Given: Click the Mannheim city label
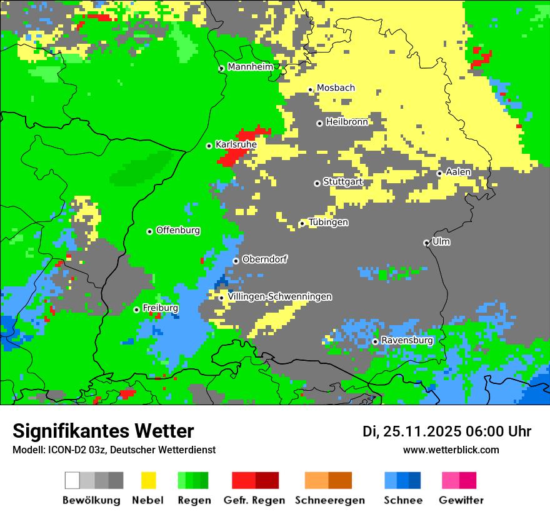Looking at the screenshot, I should pos(250,67).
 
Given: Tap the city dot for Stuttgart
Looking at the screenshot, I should pos(317,183).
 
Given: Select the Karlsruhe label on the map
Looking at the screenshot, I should pos(236,144).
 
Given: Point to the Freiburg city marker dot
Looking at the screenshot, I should pos(136,310).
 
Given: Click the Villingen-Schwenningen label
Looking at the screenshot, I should pos(279,296).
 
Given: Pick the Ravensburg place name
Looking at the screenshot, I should pos(407,340).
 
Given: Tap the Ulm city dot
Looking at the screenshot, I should pos(426,243).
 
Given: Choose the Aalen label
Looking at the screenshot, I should pos(458,172).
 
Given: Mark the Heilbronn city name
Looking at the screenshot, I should pos(346,122).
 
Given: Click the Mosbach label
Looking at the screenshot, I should pos(336,88).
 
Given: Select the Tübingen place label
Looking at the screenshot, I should pos(328,222).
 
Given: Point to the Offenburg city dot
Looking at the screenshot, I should pos(149,231).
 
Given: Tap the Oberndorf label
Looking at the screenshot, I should pos(264,259).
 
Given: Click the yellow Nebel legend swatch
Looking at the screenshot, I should pos(148,480).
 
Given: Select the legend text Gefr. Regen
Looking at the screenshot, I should pos(254,500).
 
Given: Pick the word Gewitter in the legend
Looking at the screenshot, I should pos(461,500).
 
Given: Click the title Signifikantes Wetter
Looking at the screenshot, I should pos(103,431).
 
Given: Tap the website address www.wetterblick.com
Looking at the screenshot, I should pos(451,450).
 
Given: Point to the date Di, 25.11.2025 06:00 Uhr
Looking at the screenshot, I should pos(447,431).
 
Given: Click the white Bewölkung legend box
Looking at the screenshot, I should pos(72,480).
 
